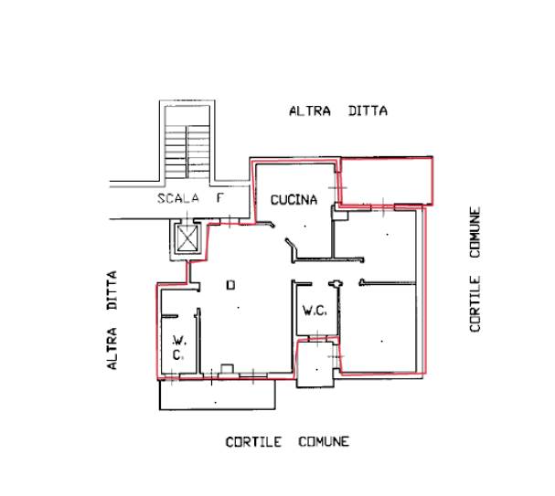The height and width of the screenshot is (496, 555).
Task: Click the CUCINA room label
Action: tap(294, 200)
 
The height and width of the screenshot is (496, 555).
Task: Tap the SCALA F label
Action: tap(191, 198)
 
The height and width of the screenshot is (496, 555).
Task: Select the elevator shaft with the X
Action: tap(187, 239)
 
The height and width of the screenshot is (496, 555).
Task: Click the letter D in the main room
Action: tap(230, 285)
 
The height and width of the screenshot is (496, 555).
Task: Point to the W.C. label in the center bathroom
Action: tap(315, 311)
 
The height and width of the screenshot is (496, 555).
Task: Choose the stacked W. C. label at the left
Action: tap(178, 348)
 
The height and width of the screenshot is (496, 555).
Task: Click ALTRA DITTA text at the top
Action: tap(338, 111)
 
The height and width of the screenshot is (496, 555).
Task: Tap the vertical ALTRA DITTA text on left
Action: tap(112, 321)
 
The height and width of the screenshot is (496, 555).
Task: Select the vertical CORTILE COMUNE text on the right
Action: tap(475, 269)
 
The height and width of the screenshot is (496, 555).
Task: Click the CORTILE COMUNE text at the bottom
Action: tap(287, 442)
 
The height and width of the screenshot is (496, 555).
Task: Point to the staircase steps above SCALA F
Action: tap(187, 153)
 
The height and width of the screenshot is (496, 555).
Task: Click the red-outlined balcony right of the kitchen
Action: tap(386, 181)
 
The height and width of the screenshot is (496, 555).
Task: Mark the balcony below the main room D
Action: tap(218, 395)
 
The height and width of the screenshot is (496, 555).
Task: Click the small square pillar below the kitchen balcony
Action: tap(340, 215)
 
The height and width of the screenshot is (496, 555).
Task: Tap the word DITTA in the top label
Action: tap(368, 111)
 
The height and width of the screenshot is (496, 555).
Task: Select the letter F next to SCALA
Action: tap(220, 198)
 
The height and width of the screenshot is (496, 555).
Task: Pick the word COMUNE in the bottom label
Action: tap(324, 442)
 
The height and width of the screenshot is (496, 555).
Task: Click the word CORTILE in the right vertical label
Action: tap(475, 304)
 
